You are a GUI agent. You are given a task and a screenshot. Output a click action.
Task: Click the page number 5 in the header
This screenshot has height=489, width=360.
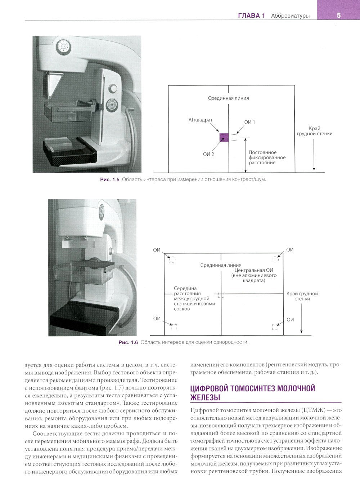(338, 15)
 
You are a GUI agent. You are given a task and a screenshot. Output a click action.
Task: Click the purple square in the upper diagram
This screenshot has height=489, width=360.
(224, 137)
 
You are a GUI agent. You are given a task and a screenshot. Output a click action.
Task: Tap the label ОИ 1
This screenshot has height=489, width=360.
(249, 122)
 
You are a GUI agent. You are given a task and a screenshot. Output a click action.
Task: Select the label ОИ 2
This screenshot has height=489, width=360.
(208, 154)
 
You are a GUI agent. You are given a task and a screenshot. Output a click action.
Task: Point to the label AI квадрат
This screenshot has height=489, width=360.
(201, 120)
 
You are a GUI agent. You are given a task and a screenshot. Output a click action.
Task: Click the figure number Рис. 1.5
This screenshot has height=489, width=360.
(109, 179)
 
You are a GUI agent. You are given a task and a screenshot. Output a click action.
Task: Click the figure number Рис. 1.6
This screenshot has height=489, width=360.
(128, 342)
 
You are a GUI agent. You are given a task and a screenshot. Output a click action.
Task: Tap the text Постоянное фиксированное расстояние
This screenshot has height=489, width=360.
(267, 157)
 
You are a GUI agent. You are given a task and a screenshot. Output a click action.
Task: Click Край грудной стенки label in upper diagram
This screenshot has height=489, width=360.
(314, 131)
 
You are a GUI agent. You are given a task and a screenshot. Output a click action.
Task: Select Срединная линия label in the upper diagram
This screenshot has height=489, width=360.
(228, 98)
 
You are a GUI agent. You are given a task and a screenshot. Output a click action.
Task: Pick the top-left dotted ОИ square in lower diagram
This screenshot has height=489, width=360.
(172, 259)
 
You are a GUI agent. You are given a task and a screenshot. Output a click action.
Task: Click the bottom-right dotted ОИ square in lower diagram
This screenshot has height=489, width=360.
(275, 327)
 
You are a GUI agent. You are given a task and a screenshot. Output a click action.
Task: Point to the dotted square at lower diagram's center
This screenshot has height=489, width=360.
(221, 294)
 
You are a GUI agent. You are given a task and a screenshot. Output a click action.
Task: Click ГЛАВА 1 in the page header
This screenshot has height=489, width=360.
(251, 15)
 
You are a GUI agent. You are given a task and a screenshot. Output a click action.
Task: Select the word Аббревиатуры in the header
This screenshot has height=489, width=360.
(290, 15)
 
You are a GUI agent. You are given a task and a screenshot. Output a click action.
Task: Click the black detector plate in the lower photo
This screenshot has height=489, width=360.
(85, 317)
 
